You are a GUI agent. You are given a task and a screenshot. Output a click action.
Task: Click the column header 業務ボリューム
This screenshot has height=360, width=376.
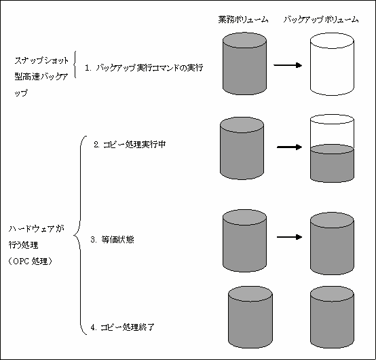point(243,20)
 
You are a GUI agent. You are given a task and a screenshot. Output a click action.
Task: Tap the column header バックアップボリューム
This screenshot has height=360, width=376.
point(321,20)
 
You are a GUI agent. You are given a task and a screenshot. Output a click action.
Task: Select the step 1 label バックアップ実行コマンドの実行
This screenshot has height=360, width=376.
point(144,68)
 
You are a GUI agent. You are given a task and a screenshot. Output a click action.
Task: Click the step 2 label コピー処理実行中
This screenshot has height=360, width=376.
point(130,145)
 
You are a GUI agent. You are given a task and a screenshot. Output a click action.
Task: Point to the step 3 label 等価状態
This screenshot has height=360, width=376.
point(112,240)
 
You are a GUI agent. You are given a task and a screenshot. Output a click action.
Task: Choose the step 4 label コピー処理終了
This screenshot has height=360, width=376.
point(122,327)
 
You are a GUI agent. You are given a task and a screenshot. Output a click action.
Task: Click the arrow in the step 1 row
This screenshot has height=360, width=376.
point(288,65)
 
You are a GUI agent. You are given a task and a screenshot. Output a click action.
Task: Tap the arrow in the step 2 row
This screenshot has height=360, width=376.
point(289,147)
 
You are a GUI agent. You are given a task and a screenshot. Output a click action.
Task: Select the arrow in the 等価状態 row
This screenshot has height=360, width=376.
point(289,237)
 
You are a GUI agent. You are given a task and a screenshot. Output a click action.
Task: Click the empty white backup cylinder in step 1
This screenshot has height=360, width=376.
point(332,65)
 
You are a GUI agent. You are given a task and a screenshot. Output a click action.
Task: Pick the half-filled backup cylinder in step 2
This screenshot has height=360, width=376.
point(332,148)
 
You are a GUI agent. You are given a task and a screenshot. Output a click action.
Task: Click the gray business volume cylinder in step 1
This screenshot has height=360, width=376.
point(244,64)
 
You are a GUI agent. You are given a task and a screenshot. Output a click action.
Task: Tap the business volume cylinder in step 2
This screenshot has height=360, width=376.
point(242,148)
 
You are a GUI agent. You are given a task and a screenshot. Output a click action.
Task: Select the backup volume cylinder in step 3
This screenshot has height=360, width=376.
point(332,243)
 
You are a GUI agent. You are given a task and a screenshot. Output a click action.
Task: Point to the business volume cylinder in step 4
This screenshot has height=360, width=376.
point(250,317)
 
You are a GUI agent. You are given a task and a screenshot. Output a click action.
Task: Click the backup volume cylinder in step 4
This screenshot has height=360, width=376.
point(332,317)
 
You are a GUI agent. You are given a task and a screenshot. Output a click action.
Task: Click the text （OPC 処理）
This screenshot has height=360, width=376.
point(31,261)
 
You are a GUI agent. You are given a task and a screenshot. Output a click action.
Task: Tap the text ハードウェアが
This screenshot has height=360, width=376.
point(37,229)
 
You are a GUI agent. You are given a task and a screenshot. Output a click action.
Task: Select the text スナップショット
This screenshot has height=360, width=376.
point(41,60)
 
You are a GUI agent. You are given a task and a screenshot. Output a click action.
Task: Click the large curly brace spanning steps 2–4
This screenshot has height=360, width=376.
point(80,235)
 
